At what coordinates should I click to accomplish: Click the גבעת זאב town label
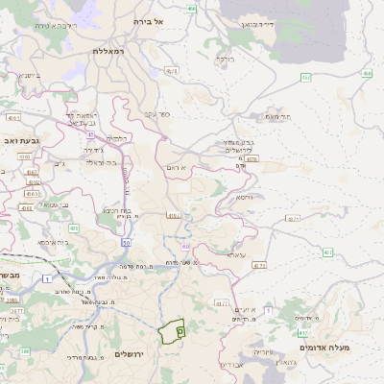[x=22, y=140]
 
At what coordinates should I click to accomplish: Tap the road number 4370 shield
[x=252, y=159]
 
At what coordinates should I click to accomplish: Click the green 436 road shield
[x=74, y=228]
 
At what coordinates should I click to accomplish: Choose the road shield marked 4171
[x=222, y=303]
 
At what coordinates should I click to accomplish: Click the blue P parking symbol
[x=180, y=329]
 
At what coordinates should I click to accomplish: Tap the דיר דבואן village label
[x=257, y=22]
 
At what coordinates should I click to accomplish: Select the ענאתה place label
[x=236, y=254]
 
